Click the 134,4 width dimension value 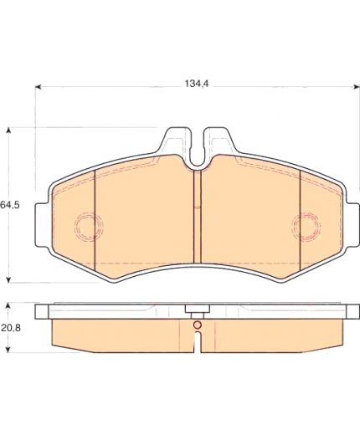pyautogui.click(x=197, y=84)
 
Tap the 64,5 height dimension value pyautogui.click(x=10, y=205)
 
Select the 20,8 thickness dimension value pyautogui.click(x=11, y=328)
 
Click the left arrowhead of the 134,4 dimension pyautogui.click(x=39, y=87)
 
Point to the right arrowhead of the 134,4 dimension pyautogui.click(x=357, y=87)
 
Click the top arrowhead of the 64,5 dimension pyautogui.click(x=9, y=130)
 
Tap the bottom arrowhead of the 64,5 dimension pyautogui.click(x=9, y=279)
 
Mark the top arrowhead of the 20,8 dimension pyautogui.click(x=8, y=306)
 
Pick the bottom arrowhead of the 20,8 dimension pyautogui.click(x=8, y=349)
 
